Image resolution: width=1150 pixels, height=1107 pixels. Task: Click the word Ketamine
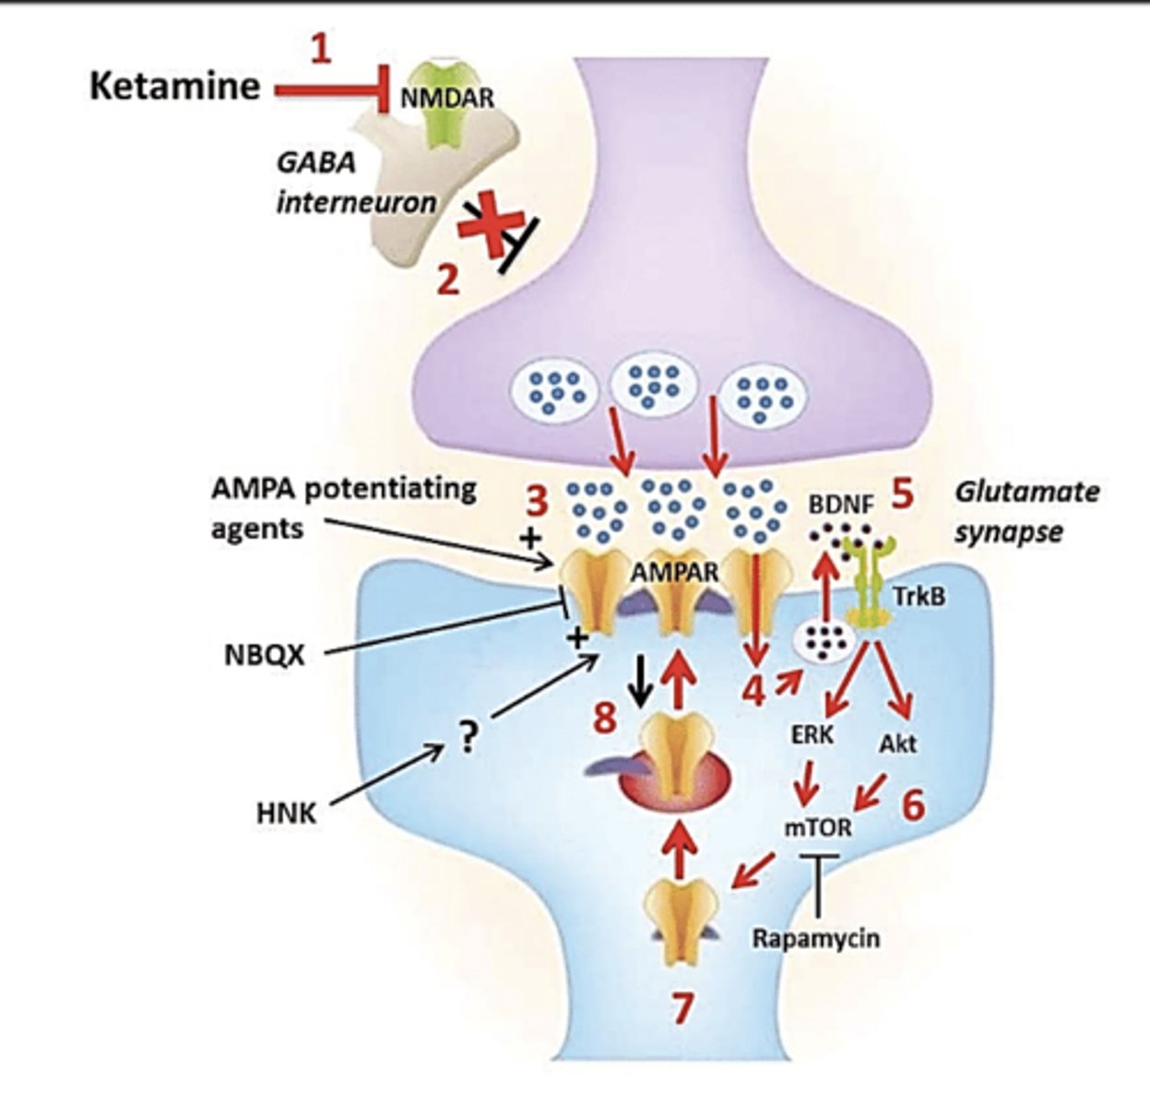[174, 86]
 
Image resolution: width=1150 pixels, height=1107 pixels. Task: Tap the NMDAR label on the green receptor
[447, 98]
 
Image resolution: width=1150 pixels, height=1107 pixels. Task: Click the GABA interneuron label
[355, 183]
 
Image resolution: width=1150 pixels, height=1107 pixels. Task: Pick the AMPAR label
[674, 572]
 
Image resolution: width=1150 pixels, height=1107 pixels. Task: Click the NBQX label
[264, 655]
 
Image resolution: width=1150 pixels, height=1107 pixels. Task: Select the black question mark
[468, 738]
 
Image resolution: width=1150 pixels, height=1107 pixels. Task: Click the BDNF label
[840, 506]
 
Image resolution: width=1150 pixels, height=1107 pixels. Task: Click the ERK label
[812, 735]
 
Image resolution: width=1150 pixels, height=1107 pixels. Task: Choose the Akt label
[898, 742]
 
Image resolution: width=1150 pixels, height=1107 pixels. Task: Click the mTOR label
[818, 827]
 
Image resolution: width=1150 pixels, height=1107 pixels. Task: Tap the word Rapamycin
[816, 939]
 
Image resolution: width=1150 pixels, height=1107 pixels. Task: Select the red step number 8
[605, 718]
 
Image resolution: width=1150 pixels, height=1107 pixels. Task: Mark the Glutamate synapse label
[1026, 511]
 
